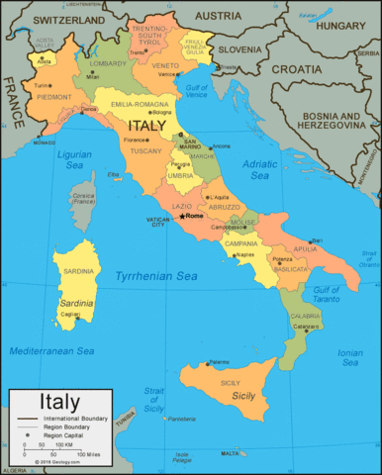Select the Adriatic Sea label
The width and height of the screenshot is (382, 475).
tap(260, 169)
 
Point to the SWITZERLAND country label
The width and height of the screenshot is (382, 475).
tap(68, 20)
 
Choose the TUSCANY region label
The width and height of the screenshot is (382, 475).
tap(146, 150)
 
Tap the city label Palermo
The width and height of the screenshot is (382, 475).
tap(220, 361)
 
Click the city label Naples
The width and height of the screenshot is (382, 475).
tap(244, 254)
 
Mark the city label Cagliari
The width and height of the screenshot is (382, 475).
tap(70, 314)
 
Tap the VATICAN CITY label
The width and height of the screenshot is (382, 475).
tap(157, 222)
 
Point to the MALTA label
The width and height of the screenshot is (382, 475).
tap(230, 453)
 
